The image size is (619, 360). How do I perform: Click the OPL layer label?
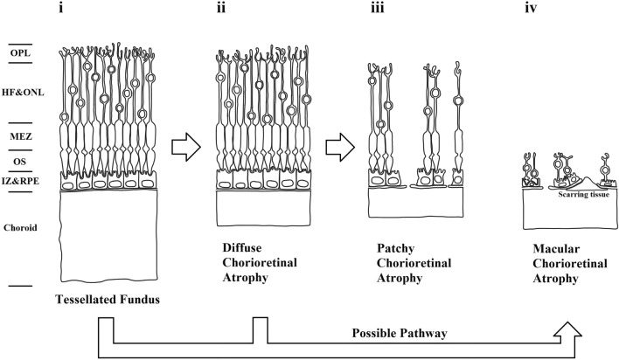click(21, 51)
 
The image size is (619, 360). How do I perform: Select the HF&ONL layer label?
click(21, 85)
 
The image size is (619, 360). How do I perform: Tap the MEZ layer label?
click(21, 136)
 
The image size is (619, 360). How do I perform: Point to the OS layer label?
click(21, 160)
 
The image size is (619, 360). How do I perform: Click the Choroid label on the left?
click(21, 227)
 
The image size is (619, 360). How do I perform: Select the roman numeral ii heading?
click(223, 12)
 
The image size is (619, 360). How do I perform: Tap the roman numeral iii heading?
click(378, 12)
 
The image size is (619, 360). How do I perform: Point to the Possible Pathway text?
click(400, 334)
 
